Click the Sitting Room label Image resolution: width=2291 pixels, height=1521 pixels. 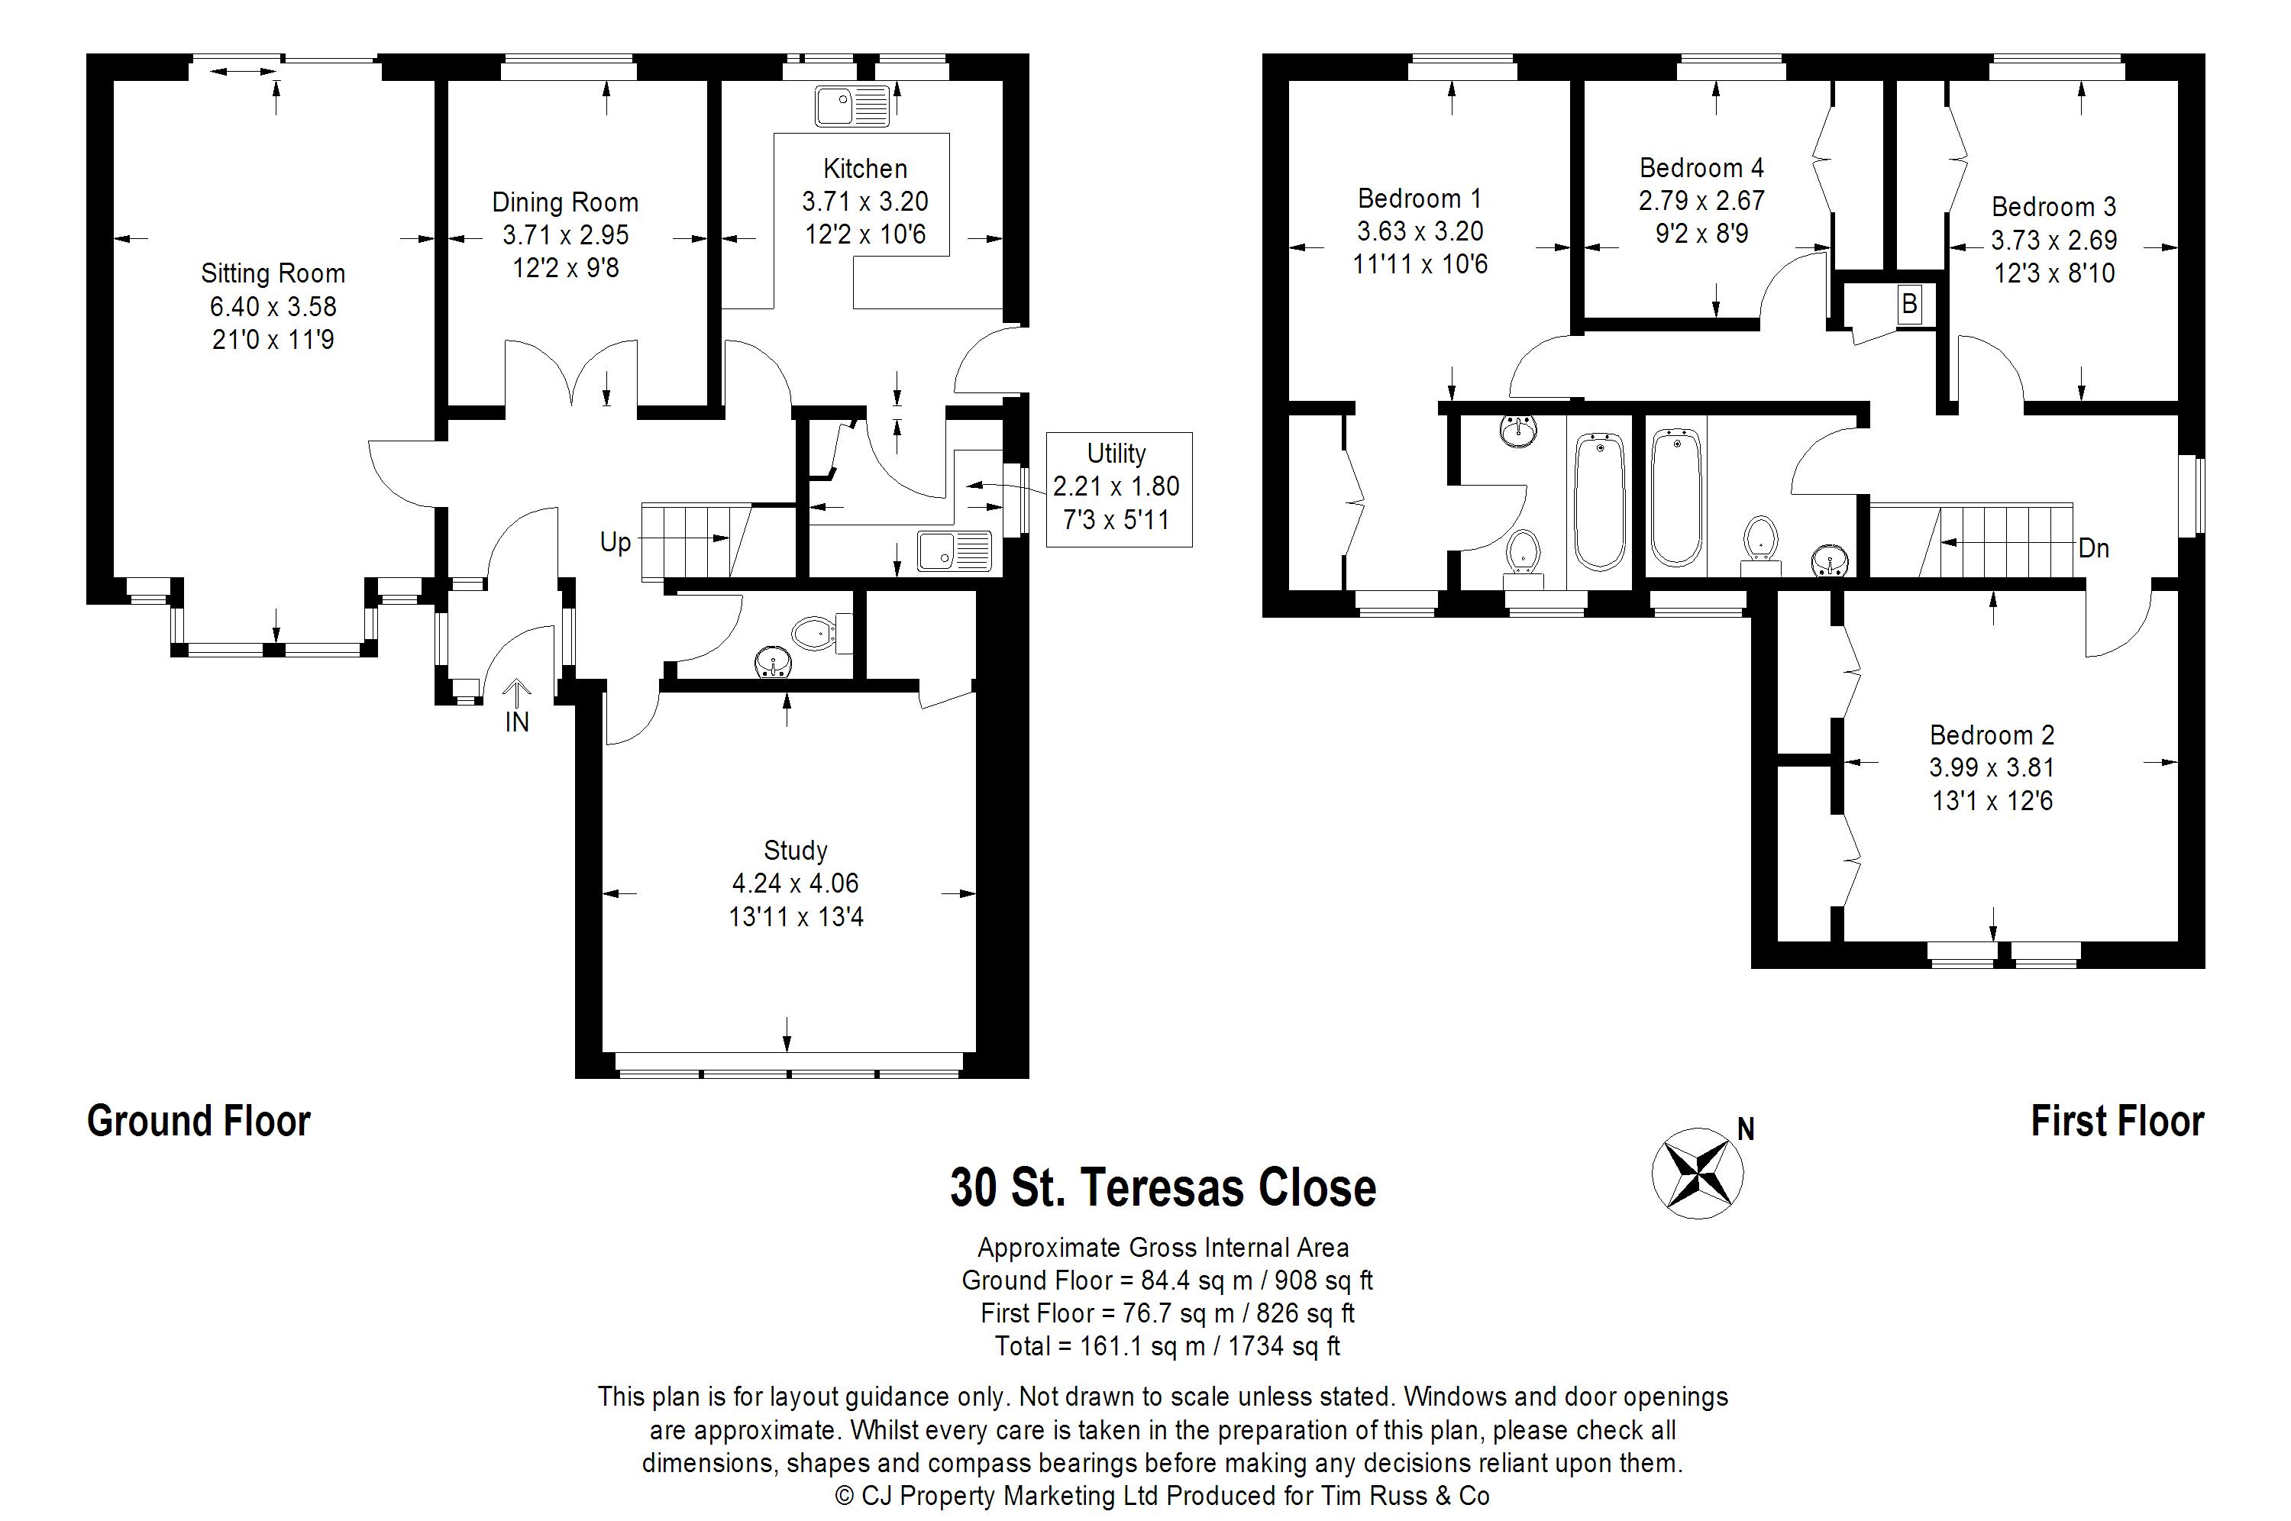pyautogui.click(x=273, y=273)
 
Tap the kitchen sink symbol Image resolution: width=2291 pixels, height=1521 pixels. pyautogui.click(x=851, y=105)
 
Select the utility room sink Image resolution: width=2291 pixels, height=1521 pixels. pyautogui.click(x=955, y=551)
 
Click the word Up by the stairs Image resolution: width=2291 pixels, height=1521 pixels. pyautogui.click(x=615, y=542)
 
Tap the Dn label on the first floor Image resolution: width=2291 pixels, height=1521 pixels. pyautogui.click(x=2093, y=549)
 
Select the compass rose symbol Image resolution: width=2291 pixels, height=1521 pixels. pyautogui.click(x=1698, y=1173)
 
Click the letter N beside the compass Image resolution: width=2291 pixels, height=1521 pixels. pyautogui.click(x=1746, y=1129)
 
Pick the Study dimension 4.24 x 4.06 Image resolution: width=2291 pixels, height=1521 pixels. pyautogui.click(x=795, y=883)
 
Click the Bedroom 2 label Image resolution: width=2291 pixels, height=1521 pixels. pyautogui.click(x=1992, y=735)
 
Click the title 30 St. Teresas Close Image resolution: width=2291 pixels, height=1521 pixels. pyautogui.click(x=1163, y=1187)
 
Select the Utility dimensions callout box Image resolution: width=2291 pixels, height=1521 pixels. pyautogui.click(x=1118, y=489)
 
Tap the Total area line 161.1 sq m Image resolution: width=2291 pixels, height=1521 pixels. pyautogui.click(x=1167, y=1346)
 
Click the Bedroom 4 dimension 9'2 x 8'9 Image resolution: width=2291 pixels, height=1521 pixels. pyautogui.click(x=1701, y=234)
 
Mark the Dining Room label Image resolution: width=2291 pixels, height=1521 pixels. pyautogui.click(x=565, y=203)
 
